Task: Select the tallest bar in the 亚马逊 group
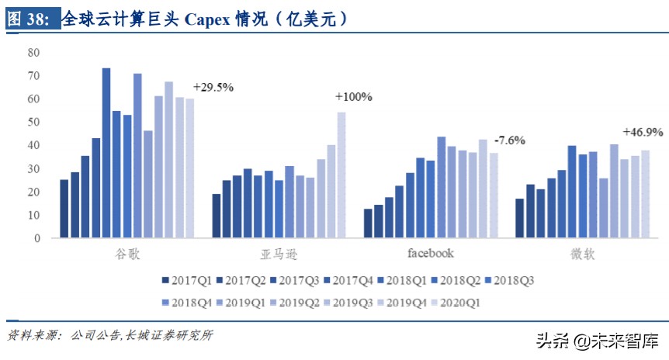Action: [341, 175]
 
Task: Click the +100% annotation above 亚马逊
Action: [353, 97]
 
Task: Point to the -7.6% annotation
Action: [511, 140]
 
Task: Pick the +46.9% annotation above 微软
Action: [643, 132]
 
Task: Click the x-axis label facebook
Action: [431, 253]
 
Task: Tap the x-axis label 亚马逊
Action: [279, 254]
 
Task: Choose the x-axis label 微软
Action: [582, 254]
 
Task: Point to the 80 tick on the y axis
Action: [33, 53]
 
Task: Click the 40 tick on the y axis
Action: [33, 146]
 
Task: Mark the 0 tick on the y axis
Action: [36, 239]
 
